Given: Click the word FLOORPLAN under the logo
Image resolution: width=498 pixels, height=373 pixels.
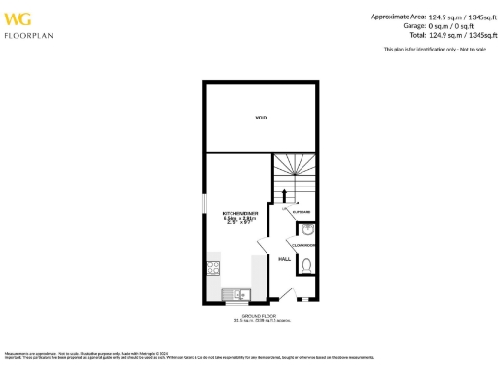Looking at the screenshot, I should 29,35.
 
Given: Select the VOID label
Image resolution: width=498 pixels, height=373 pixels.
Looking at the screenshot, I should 260,118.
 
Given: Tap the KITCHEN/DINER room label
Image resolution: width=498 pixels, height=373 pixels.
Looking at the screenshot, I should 237,211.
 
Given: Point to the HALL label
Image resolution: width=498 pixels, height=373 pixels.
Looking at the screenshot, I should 285,259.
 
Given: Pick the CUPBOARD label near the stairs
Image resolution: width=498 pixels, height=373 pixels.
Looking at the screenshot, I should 301,211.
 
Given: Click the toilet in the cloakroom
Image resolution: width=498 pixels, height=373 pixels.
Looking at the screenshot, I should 306,265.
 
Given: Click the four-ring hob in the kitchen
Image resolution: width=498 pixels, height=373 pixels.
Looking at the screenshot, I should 212,269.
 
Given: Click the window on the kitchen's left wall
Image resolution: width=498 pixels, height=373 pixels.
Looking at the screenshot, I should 205,206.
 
